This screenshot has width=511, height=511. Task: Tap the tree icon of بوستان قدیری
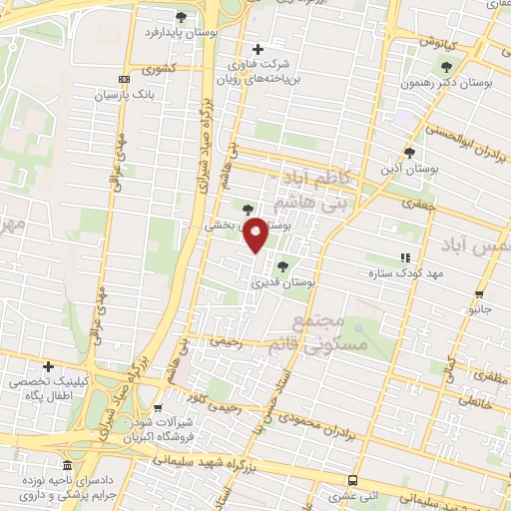(282, 266)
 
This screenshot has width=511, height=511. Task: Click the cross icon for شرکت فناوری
(257, 49)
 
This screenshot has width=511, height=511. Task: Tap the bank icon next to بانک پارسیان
(123, 80)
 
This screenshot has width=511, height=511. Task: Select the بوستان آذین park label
(409, 169)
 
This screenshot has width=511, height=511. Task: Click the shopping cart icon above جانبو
(480, 294)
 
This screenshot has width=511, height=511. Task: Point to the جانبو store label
(481, 310)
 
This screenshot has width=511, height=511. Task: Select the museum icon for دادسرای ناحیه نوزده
(66, 466)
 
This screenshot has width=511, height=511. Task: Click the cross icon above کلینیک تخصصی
(47, 366)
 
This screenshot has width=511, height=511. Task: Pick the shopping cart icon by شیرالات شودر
(157, 407)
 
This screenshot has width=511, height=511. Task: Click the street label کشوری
(158, 70)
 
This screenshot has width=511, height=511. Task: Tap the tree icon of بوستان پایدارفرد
(181, 17)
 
